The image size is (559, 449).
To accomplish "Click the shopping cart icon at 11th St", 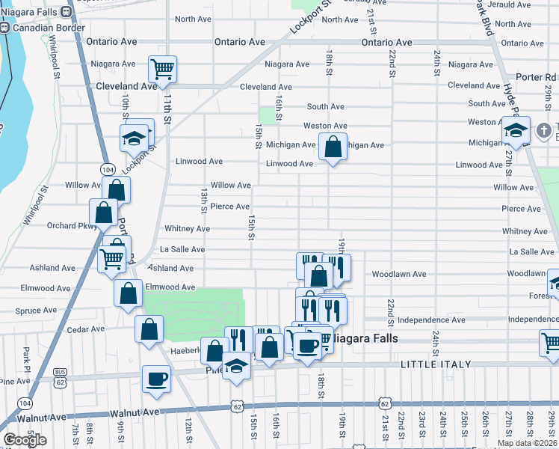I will coord(162,70).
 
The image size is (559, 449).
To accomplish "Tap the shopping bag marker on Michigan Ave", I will coord(333,147).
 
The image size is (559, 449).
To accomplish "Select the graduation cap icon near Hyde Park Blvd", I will coord(515,130).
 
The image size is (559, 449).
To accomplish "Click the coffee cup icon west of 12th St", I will coord(156,378).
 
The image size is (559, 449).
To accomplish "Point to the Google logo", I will coord(25,440).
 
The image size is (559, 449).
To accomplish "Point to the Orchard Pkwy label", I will coord(72,225).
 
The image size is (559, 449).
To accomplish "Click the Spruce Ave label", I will coord(36,311).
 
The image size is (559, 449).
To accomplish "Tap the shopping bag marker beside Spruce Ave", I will coord(129,293).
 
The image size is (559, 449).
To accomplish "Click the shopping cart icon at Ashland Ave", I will coord(111,259).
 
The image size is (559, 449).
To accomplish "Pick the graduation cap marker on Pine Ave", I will coord(236,366).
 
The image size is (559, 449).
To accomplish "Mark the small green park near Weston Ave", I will coord(267,115).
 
